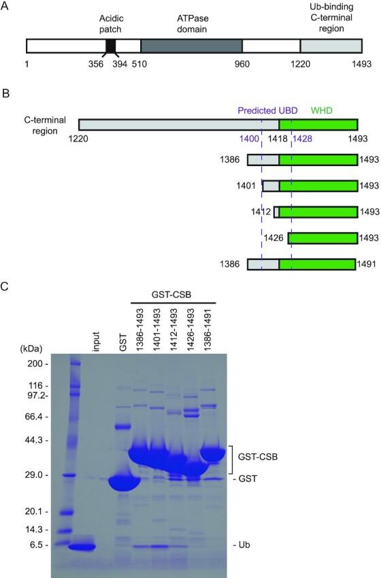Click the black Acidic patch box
coord(110,46)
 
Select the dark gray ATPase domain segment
coord(191,46)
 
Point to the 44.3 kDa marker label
coord(34,440)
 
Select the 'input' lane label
coord(97,338)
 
